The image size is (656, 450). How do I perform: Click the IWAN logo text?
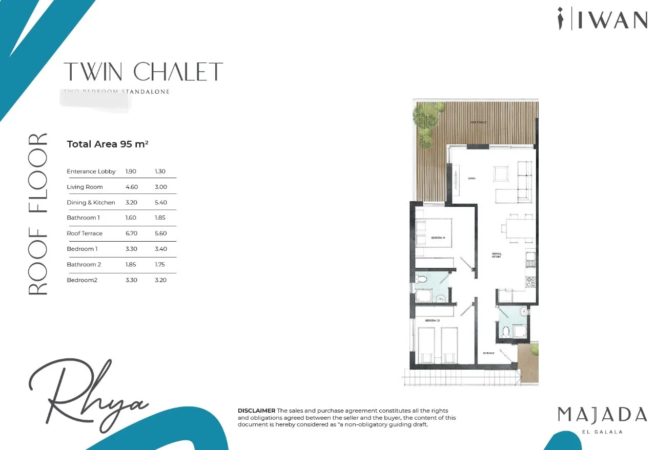pos(612,19)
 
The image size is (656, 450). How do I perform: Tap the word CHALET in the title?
pos(178,72)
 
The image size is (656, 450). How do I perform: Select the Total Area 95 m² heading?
pos(108,144)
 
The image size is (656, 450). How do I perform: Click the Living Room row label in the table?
pos(85,187)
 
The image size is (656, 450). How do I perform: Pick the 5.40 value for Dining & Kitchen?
pos(160,203)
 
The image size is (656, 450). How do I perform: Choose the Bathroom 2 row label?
pos(84,265)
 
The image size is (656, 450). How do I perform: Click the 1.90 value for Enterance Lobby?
pos(131,172)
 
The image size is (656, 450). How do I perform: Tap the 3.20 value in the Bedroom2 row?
pos(160,280)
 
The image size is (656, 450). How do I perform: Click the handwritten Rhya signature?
pos(87,394)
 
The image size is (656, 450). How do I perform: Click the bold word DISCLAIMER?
pos(256,411)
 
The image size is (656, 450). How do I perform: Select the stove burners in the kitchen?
pos(531,281)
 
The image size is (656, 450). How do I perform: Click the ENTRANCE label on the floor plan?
pos(488,353)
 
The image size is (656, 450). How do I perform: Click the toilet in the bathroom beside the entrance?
pos(506,331)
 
